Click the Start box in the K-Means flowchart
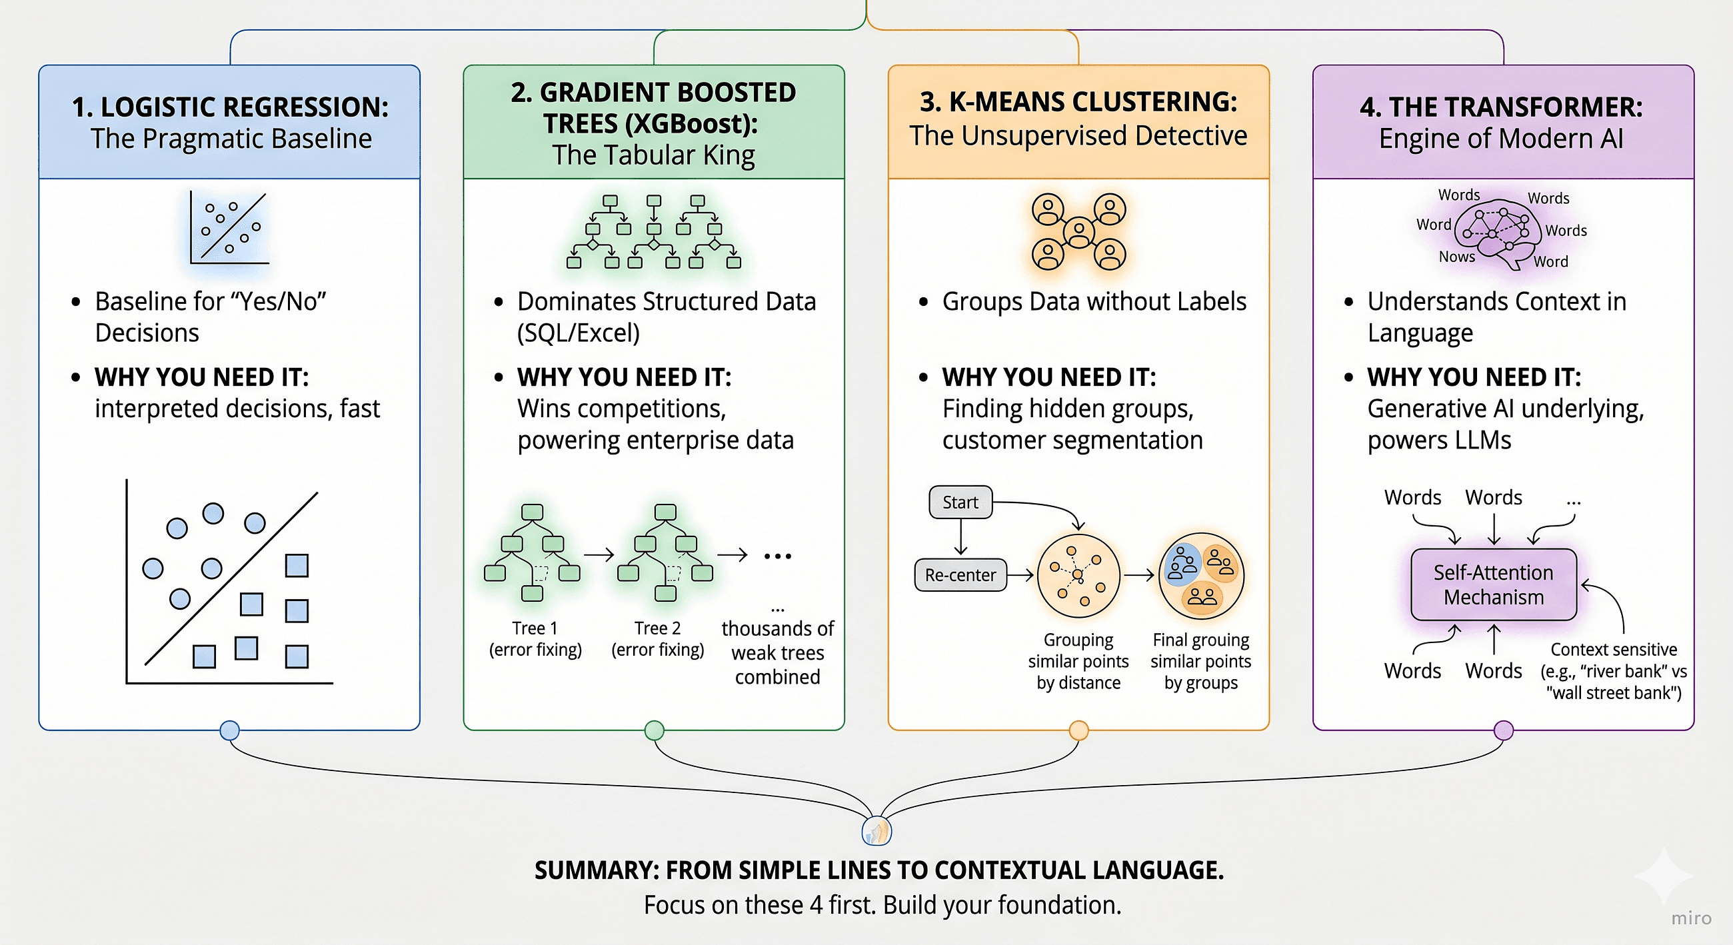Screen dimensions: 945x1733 click(960, 502)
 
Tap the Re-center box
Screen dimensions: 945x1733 click(960, 575)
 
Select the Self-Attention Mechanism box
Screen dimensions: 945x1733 click(1493, 584)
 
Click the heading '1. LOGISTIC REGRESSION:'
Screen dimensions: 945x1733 click(230, 107)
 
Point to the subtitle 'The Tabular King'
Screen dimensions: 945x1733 click(653, 155)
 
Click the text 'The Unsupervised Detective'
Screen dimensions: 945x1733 click(1078, 136)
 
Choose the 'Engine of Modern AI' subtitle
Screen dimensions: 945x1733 click(1501, 139)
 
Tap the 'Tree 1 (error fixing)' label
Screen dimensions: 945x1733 click(535, 638)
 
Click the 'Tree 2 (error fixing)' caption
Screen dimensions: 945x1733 click(657, 638)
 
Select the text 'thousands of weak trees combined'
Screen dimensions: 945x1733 click(778, 652)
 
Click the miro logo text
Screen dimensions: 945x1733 click(1690, 918)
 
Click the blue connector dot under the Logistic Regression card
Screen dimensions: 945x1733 click(229, 730)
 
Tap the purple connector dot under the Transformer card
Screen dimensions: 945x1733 click(1503, 730)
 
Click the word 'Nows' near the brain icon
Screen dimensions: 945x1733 click(1456, 257)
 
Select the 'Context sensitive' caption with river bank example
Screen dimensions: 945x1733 click(1613, 671)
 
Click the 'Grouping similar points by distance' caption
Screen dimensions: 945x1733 click(1078, 661)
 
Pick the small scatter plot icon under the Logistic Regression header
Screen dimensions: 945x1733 click(229, 228)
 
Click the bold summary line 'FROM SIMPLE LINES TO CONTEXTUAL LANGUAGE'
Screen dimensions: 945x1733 click(878, 870)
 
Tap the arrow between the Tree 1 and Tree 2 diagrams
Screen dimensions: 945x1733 click(599, 555)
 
